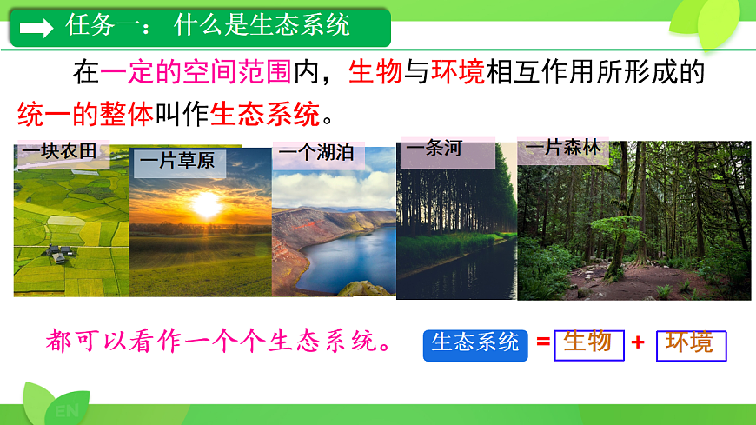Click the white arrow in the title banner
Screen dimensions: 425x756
[x=36, y=28]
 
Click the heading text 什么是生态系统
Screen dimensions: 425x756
[x=262, y=25]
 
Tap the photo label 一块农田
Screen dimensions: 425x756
[x=60, y=153]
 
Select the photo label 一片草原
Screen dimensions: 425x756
[x=176, y=161]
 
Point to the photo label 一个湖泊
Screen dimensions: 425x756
[x=315, y=154]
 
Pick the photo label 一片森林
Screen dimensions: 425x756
[x=562, y=148]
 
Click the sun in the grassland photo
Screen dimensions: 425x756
[x=207, y=204]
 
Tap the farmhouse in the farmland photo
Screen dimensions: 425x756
[x=59, y=253]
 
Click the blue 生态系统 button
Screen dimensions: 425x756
[x=475, y=343]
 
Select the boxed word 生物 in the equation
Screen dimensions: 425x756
[x=587, y=342]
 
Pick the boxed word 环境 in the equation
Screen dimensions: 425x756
[x=690, y=343]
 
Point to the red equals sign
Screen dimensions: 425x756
[x=543, y=342]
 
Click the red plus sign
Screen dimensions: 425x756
[x=638, y=342]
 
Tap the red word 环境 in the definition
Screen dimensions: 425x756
[x=457, y=72]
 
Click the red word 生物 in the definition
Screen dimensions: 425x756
[x=375, y=72]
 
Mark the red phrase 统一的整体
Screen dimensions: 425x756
[x=85, y=113]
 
